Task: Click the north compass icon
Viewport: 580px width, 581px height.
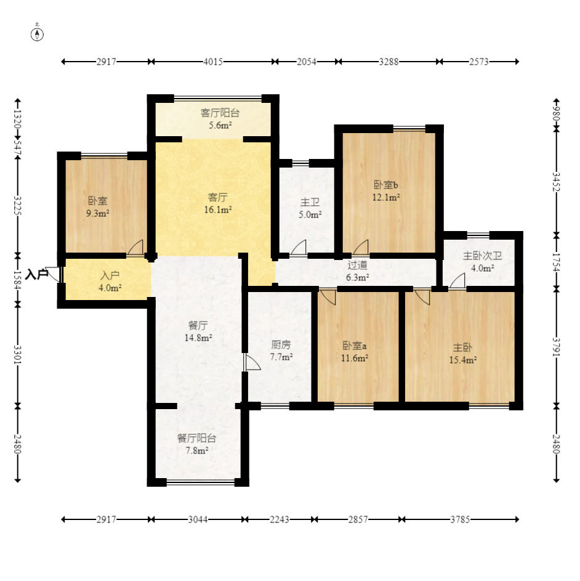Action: click(37, 34)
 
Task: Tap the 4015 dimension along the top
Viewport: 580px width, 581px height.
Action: click(213, 62)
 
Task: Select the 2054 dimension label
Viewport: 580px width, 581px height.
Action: click(307, 62)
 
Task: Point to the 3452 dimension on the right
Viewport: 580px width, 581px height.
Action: click(556, 182)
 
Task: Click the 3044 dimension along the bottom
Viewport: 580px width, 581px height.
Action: click(198, 519)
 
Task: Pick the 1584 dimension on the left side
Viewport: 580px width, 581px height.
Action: click(17, 280)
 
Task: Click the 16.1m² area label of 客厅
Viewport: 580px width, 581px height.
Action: click(218, 209)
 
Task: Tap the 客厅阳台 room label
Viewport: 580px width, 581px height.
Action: click(220, 113)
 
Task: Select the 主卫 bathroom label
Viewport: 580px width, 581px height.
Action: click(310, 202)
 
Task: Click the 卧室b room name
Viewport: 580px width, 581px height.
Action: click(386, 184)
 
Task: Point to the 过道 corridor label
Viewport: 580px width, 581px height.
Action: click(357, 265)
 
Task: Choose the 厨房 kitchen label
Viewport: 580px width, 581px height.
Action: click(281, 345)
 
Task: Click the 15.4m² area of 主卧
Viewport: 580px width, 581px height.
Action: click(463, 360)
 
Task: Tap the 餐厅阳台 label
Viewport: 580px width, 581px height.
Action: click(196, 438)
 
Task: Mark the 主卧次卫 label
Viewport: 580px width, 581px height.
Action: click(483, 256)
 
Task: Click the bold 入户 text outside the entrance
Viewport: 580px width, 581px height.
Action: click(37, 275)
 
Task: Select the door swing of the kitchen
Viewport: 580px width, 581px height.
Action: click(252, 362)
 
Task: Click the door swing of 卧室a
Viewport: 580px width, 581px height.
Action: click(328, 297)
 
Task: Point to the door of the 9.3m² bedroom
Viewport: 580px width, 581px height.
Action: click(135, 248)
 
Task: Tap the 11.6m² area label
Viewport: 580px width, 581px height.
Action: click(355, 358)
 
